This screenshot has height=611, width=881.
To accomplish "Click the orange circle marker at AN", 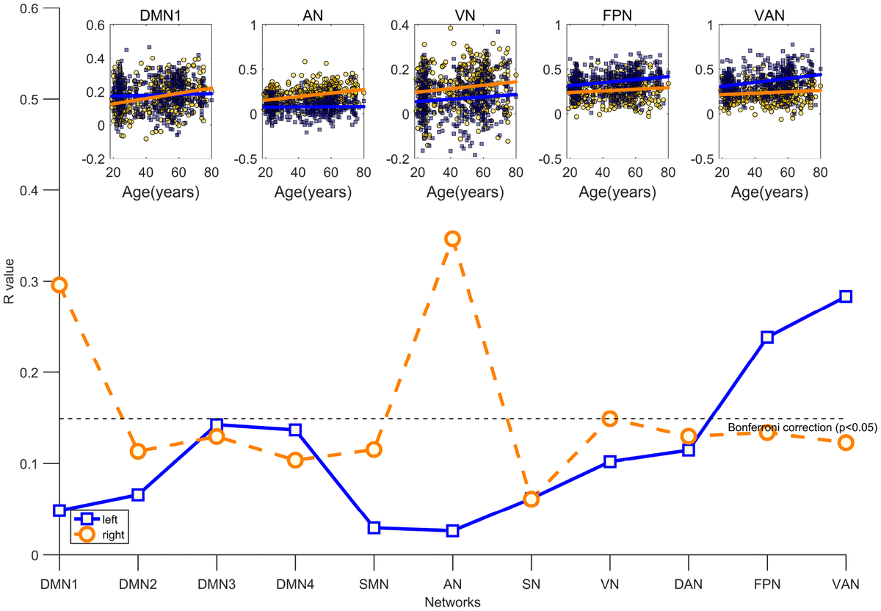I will [452, 239].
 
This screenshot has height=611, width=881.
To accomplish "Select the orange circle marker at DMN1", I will [59, 285].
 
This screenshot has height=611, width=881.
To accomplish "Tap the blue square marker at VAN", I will [845, 297].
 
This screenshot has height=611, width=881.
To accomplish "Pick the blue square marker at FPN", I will [767, 337].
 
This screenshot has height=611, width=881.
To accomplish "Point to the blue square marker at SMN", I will [374, 527].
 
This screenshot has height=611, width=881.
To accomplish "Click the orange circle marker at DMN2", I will [138, 451].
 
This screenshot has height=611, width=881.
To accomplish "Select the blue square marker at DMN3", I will [217, 425].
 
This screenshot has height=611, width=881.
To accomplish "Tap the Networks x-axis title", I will [452, 602].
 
